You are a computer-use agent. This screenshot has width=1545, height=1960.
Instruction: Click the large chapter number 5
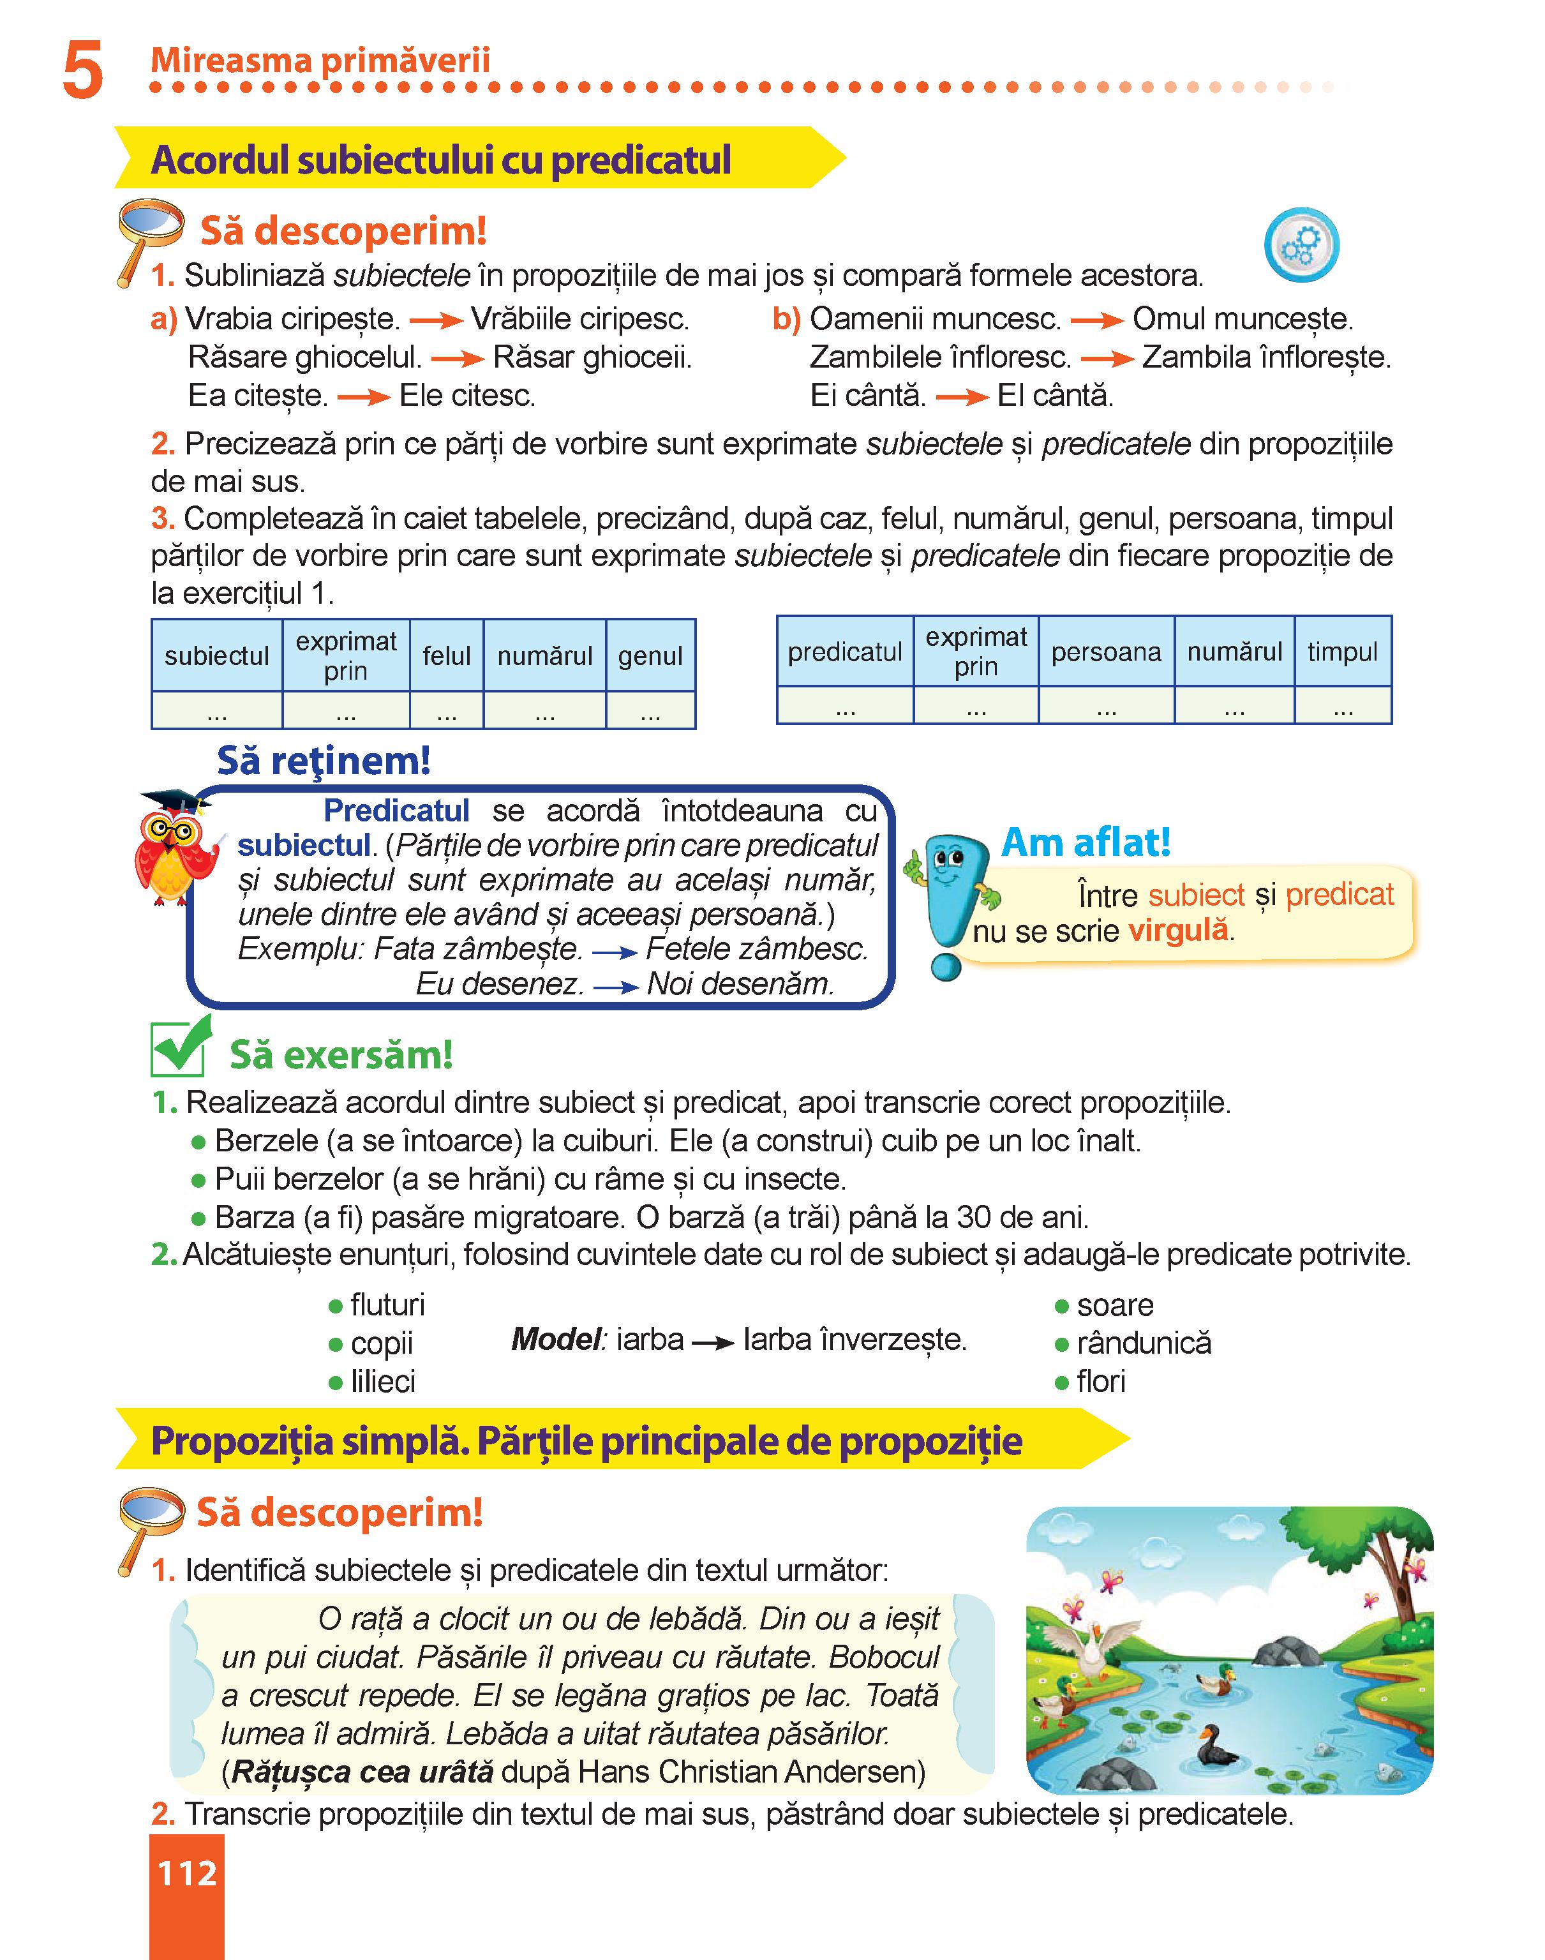(x=82, y=73)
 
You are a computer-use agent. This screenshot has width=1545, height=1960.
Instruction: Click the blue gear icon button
(x=1301, y=246)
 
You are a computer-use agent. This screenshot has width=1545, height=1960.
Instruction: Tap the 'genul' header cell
(x=650, y=655)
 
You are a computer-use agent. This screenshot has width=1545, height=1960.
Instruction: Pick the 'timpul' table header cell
(x=1342, y=651)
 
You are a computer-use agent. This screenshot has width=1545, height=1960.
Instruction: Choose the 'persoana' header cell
(x=1105, y=651)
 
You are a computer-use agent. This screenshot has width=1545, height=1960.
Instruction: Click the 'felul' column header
(x=447, y=655)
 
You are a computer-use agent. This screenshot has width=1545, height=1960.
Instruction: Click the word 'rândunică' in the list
(x=1144, y=1342)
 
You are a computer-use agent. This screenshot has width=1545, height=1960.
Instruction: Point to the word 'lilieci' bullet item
(x=383, y=1381)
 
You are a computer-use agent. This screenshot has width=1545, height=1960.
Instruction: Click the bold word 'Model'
(x=556, y=1338)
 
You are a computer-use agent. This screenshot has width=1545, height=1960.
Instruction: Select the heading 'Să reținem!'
(x=323, y=761)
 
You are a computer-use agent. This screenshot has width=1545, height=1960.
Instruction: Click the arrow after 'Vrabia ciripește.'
(x=435, y=320)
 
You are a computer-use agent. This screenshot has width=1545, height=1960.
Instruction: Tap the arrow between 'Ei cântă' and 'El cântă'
(x=962, y=396)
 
